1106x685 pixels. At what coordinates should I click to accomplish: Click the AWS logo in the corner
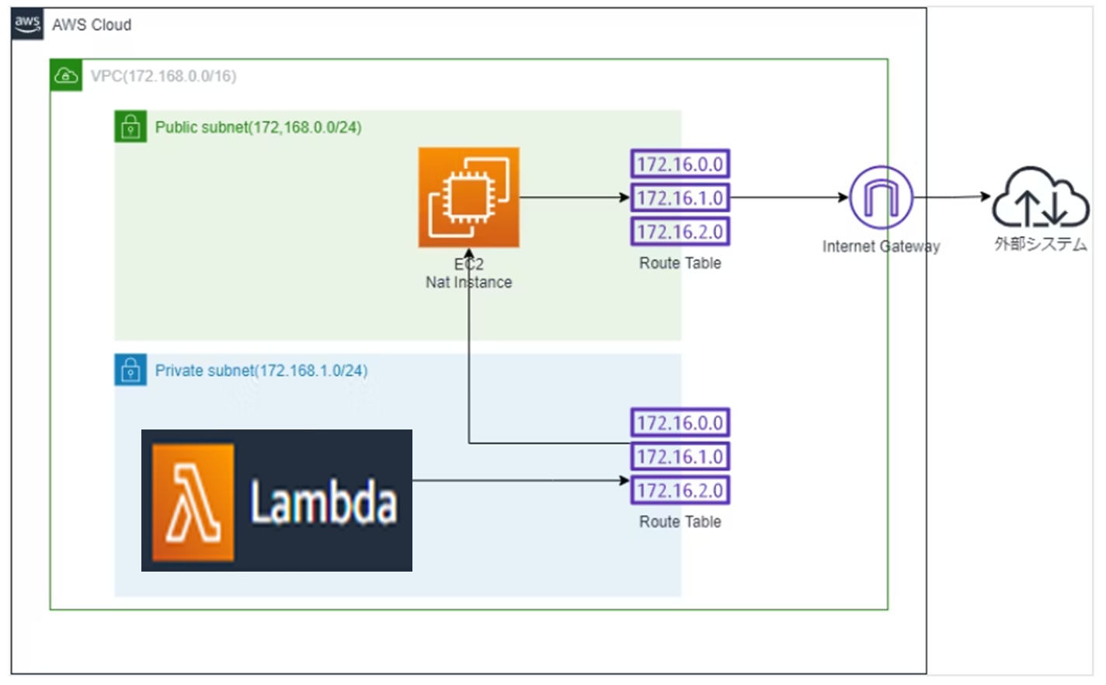27,24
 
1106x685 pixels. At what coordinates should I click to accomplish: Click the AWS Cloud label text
92,25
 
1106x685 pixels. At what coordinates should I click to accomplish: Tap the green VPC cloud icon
66,76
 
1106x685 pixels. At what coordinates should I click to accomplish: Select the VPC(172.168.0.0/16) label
163,76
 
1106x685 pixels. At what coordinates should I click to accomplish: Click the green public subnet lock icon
130,127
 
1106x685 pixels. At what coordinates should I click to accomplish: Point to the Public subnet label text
258,127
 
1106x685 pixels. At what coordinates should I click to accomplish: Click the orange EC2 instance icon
469,197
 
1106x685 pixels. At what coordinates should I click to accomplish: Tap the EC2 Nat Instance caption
468,274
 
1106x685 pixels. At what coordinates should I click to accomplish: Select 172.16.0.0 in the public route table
680,164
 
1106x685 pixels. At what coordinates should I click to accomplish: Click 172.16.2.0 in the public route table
680,231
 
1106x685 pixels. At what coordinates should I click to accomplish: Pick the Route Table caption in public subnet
680,263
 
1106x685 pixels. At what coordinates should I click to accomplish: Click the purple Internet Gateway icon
881,197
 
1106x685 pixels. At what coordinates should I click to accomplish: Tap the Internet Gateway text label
881,247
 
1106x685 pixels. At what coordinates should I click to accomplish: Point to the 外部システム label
1040,245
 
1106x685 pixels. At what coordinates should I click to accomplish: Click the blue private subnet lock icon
130,370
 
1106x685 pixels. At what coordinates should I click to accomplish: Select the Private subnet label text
261,370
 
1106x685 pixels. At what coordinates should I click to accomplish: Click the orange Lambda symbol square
193,502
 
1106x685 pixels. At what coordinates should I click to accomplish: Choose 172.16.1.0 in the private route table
680,457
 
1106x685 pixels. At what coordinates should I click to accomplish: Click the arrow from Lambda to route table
520,481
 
